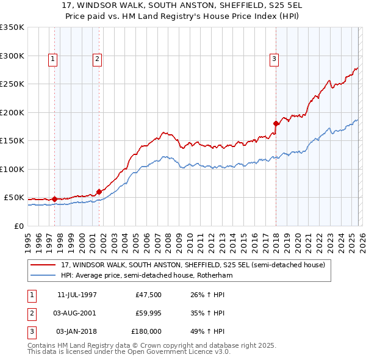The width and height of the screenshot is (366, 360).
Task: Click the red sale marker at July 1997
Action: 55,199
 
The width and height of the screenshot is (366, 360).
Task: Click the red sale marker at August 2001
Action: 99,192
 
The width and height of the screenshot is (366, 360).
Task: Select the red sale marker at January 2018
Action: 276,123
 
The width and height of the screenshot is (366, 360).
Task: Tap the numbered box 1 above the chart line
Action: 53,59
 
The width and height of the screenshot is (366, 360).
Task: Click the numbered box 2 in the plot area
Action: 97,59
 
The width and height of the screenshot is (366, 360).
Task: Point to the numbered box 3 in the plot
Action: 274,59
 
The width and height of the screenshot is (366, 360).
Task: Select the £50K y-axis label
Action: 14,198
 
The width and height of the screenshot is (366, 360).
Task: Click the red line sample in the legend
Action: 44,265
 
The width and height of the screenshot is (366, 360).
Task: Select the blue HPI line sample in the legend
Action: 44,275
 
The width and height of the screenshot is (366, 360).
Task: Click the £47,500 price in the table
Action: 148,295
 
